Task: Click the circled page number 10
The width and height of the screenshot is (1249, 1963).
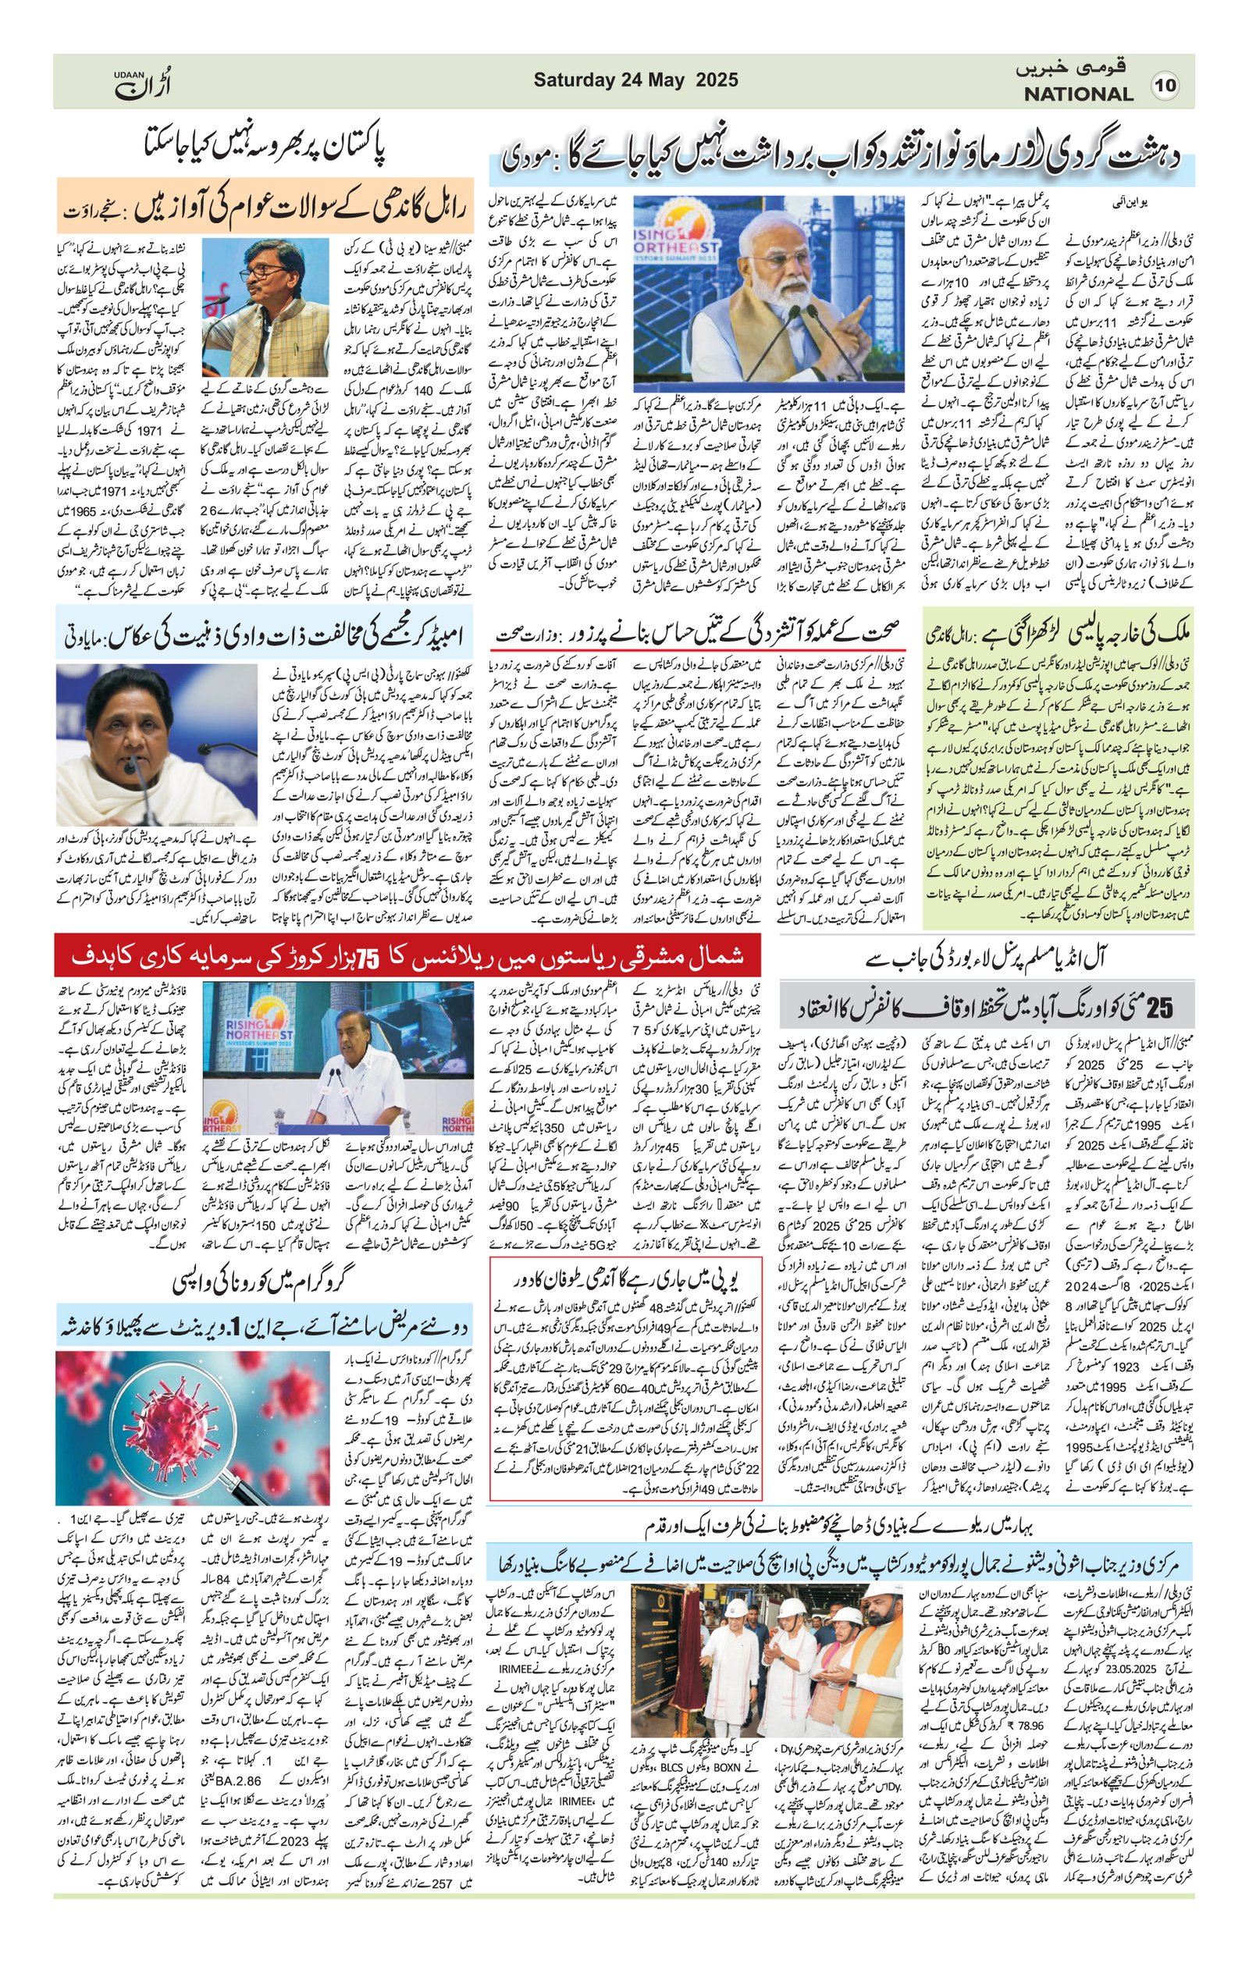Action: click(1165, 85)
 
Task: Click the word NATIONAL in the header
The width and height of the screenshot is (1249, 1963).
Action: click(1078, 94)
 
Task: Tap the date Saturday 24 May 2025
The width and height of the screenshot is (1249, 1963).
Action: click(636, 80)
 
